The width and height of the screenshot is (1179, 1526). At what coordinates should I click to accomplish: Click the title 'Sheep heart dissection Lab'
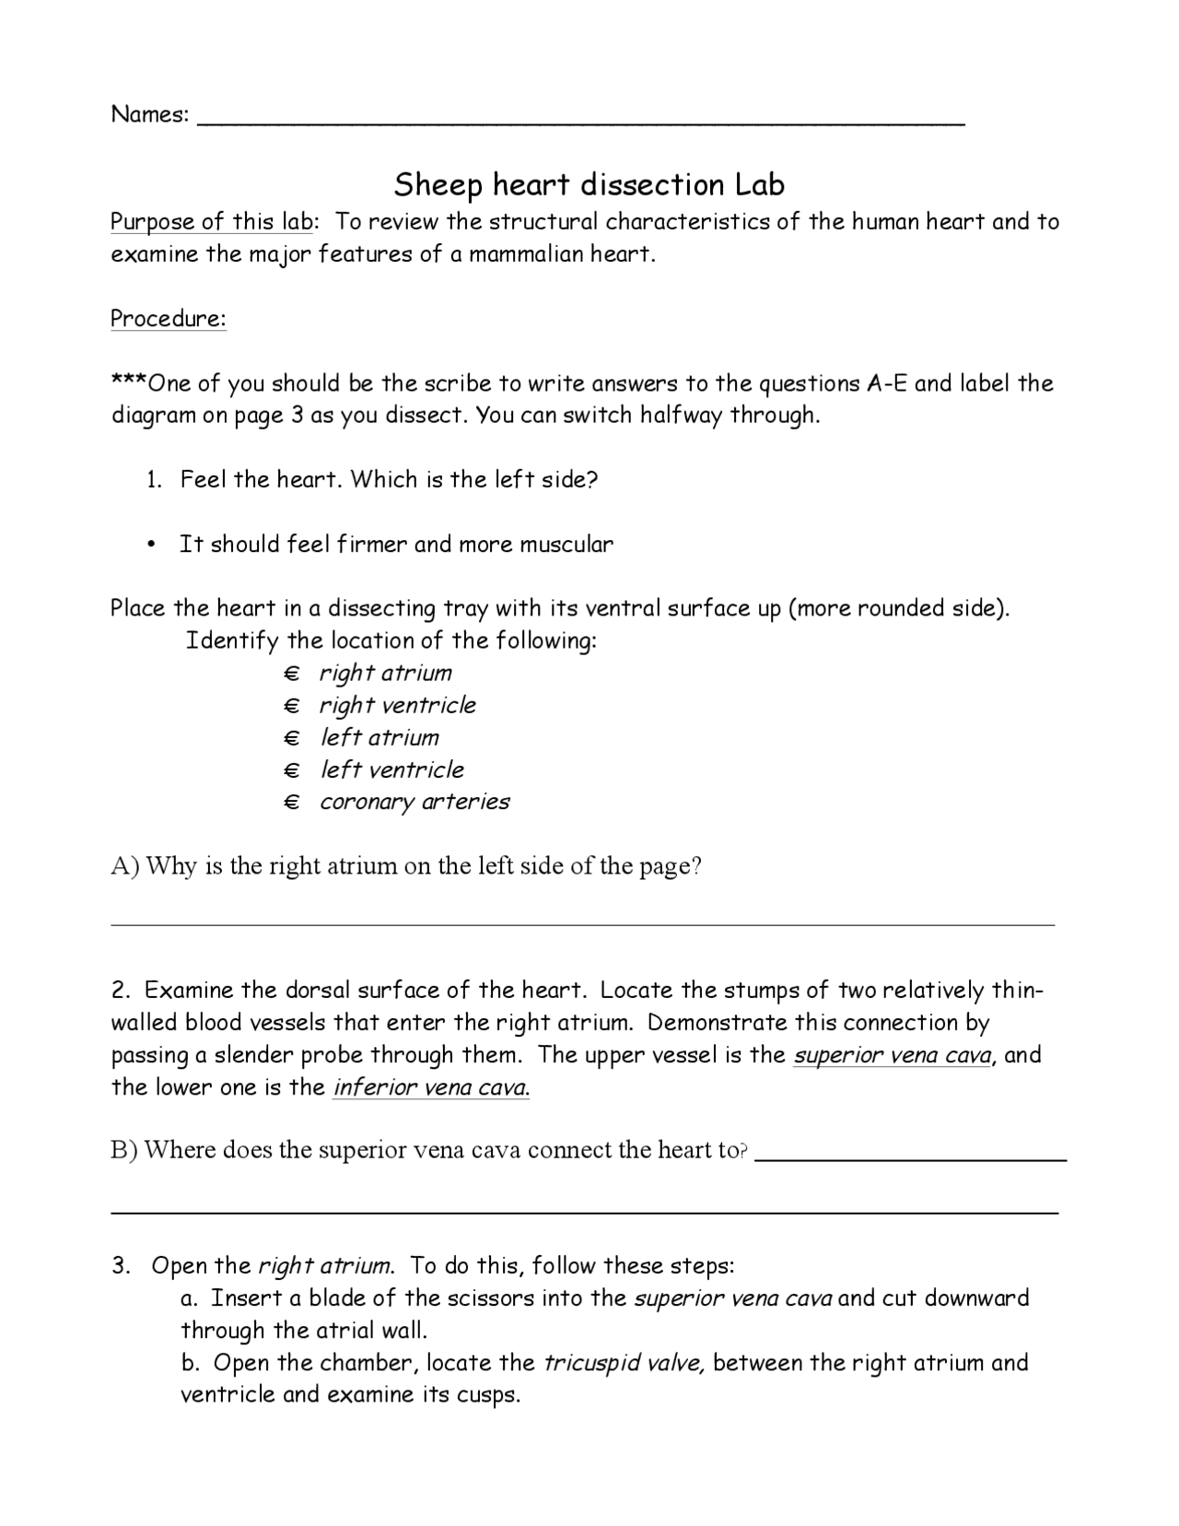click(x=589, y=185)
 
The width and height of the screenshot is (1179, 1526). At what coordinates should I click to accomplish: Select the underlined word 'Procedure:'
click(x=169, y=319)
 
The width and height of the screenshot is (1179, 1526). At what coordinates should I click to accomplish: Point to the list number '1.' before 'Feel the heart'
click(x=155, y=480)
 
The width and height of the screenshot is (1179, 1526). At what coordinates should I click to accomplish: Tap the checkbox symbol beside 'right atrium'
click(x=292, y=675)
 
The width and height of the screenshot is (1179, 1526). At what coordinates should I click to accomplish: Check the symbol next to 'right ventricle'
click(x=292, y=707)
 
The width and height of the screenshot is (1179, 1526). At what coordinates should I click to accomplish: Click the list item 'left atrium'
click(x=379, y=738)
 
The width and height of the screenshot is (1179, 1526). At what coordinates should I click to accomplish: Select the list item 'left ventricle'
click(x=391, y=770)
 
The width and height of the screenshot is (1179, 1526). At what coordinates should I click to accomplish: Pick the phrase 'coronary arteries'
click(x=414, y=803)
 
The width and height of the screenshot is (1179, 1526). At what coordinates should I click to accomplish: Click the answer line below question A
click(x=582, y=922)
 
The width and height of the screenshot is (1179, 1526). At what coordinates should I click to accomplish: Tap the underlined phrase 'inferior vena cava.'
click(x=431, y=1088)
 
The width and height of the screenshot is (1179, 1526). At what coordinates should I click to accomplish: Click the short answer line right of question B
click(x=910, y=1158)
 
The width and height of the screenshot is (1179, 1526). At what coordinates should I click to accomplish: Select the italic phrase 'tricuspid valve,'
click(x=625, y=1363)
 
